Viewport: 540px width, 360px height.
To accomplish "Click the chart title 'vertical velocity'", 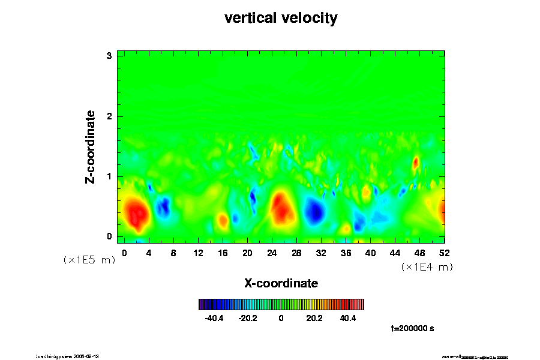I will [x=281, y=18].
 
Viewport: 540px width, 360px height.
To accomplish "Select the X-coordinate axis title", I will [x=281, y=283].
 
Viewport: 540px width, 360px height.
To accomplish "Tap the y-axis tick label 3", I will [x=110, y=56].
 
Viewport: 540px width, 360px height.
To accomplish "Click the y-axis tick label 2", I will [x=110, y=116].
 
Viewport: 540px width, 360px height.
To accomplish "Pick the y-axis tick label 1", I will [x=110, y=176].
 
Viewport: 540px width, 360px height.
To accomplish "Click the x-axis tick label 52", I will [x=445, y=253].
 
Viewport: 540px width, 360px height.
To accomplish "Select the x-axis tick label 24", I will [x=272, y=253].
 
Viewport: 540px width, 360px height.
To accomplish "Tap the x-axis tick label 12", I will [x=197, y=253].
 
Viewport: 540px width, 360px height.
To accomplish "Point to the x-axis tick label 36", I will [x=346, y=253].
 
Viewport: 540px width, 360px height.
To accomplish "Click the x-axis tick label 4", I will [x=148, y=253].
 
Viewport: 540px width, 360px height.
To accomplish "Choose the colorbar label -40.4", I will [x=214, y=318].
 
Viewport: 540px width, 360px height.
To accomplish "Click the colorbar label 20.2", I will [x=314, y=318].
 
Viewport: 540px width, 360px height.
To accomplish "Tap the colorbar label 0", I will [x=281, y=318].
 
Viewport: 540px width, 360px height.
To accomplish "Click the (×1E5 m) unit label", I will [x=89, y=260].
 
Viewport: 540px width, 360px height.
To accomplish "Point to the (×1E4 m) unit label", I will [x=427, y=267].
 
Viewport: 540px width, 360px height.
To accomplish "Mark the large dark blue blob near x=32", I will [x=315, y=211].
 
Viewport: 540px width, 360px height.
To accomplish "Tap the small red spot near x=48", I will [x=415, y=162].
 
